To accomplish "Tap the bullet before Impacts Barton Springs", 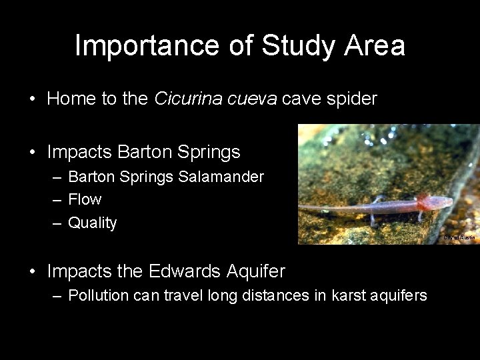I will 33,153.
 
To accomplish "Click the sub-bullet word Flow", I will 85,200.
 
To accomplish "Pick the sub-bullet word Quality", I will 92,223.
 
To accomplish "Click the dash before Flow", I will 57,200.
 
